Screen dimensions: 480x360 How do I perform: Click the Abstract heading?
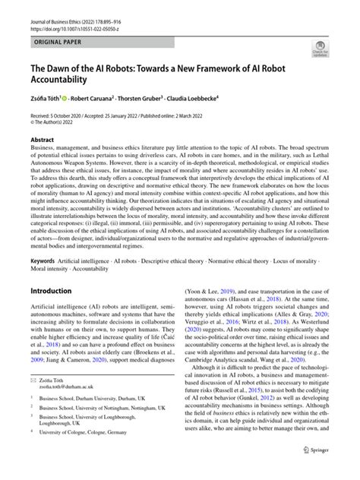(x=43, y=140)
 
